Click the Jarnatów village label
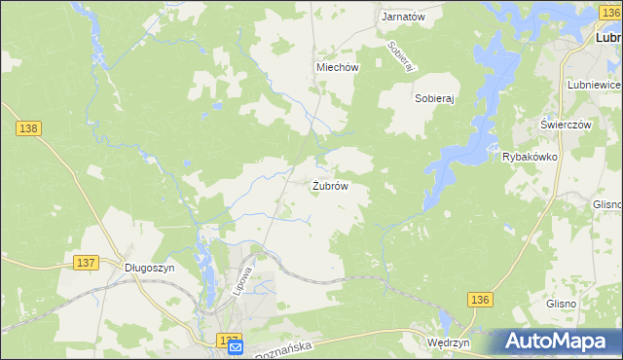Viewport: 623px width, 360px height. (x=403, y=18)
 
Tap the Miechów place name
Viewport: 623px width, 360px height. (x=338, y=68)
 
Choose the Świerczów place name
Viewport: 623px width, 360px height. (x=567, y=126)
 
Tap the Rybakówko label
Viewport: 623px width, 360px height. (x=529, y=157)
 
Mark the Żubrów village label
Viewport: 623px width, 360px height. (x=330, y=185)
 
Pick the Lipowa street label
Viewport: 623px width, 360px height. (x=244, y=281)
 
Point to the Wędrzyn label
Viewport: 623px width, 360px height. (x=449, y=343)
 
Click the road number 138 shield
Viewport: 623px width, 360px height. (x=27, y=128)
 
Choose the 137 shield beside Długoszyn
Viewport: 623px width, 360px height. (x=86, y=264)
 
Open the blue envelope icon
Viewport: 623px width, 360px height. (x=235, y=347)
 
